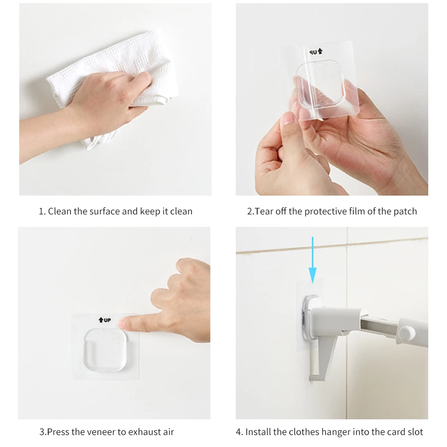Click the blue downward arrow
[x=313, y=260]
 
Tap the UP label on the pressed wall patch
[x=104, y=320]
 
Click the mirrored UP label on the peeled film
[x=316, y=52]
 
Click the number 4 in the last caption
[x=238, y=432]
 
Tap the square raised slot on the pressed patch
[x=105, y=350]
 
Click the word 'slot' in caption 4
[x=415, y=432]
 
